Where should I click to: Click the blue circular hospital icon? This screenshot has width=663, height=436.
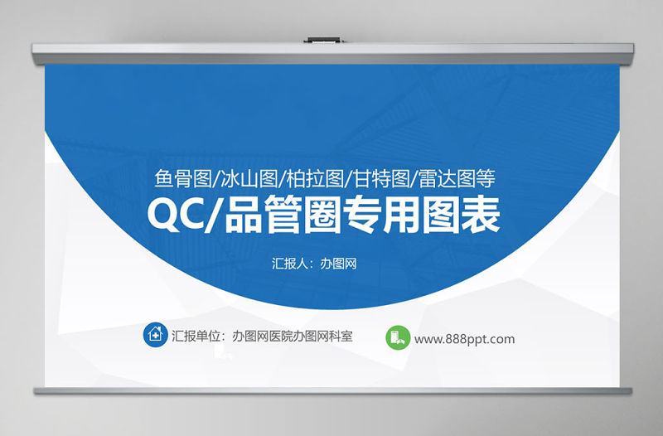click(x=155, y=336)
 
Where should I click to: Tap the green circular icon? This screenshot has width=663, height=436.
click(x=397, y=337)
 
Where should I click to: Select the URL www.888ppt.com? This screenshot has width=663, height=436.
click(x=464, y=338)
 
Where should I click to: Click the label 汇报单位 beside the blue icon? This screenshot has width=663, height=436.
click(x=199, y=337)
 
